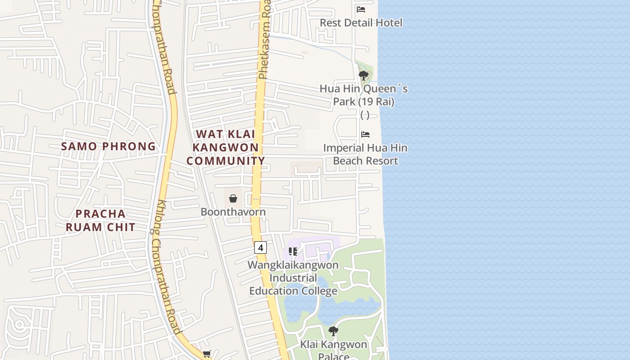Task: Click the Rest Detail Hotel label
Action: click(x=361, y=22)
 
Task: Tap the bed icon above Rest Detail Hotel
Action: click(x=361, y=9)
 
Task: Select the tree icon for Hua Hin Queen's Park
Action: click(x=364, y=76)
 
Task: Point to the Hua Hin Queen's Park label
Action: click(x=364, y=95)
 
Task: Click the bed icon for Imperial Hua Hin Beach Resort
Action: click(x=365, y=135)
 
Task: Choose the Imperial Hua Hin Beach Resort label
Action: click(x=365, y=154)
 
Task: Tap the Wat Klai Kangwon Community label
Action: click(x=226, y=147)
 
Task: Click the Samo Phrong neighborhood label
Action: click(x=108, y=146)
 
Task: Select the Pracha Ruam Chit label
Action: click(x=101, y=220)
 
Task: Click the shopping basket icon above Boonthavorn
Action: click(x=233, y=198)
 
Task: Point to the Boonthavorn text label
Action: click(x=233, y=211)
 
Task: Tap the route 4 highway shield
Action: click(x=260, y=247)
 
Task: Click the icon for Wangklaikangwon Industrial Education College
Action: click(x=293, y=252)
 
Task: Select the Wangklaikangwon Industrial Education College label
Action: click(x=293, y=278)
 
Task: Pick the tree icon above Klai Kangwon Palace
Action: click(x=333, y=332)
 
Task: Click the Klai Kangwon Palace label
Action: click(x=334, y=350)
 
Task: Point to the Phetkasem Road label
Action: click(x=265, y=40)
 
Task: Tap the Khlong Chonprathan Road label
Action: click(x=167, y=265)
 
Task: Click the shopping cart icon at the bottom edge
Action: click(x=207, y=354)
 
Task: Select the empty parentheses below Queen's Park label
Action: click(x=365, y=115)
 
